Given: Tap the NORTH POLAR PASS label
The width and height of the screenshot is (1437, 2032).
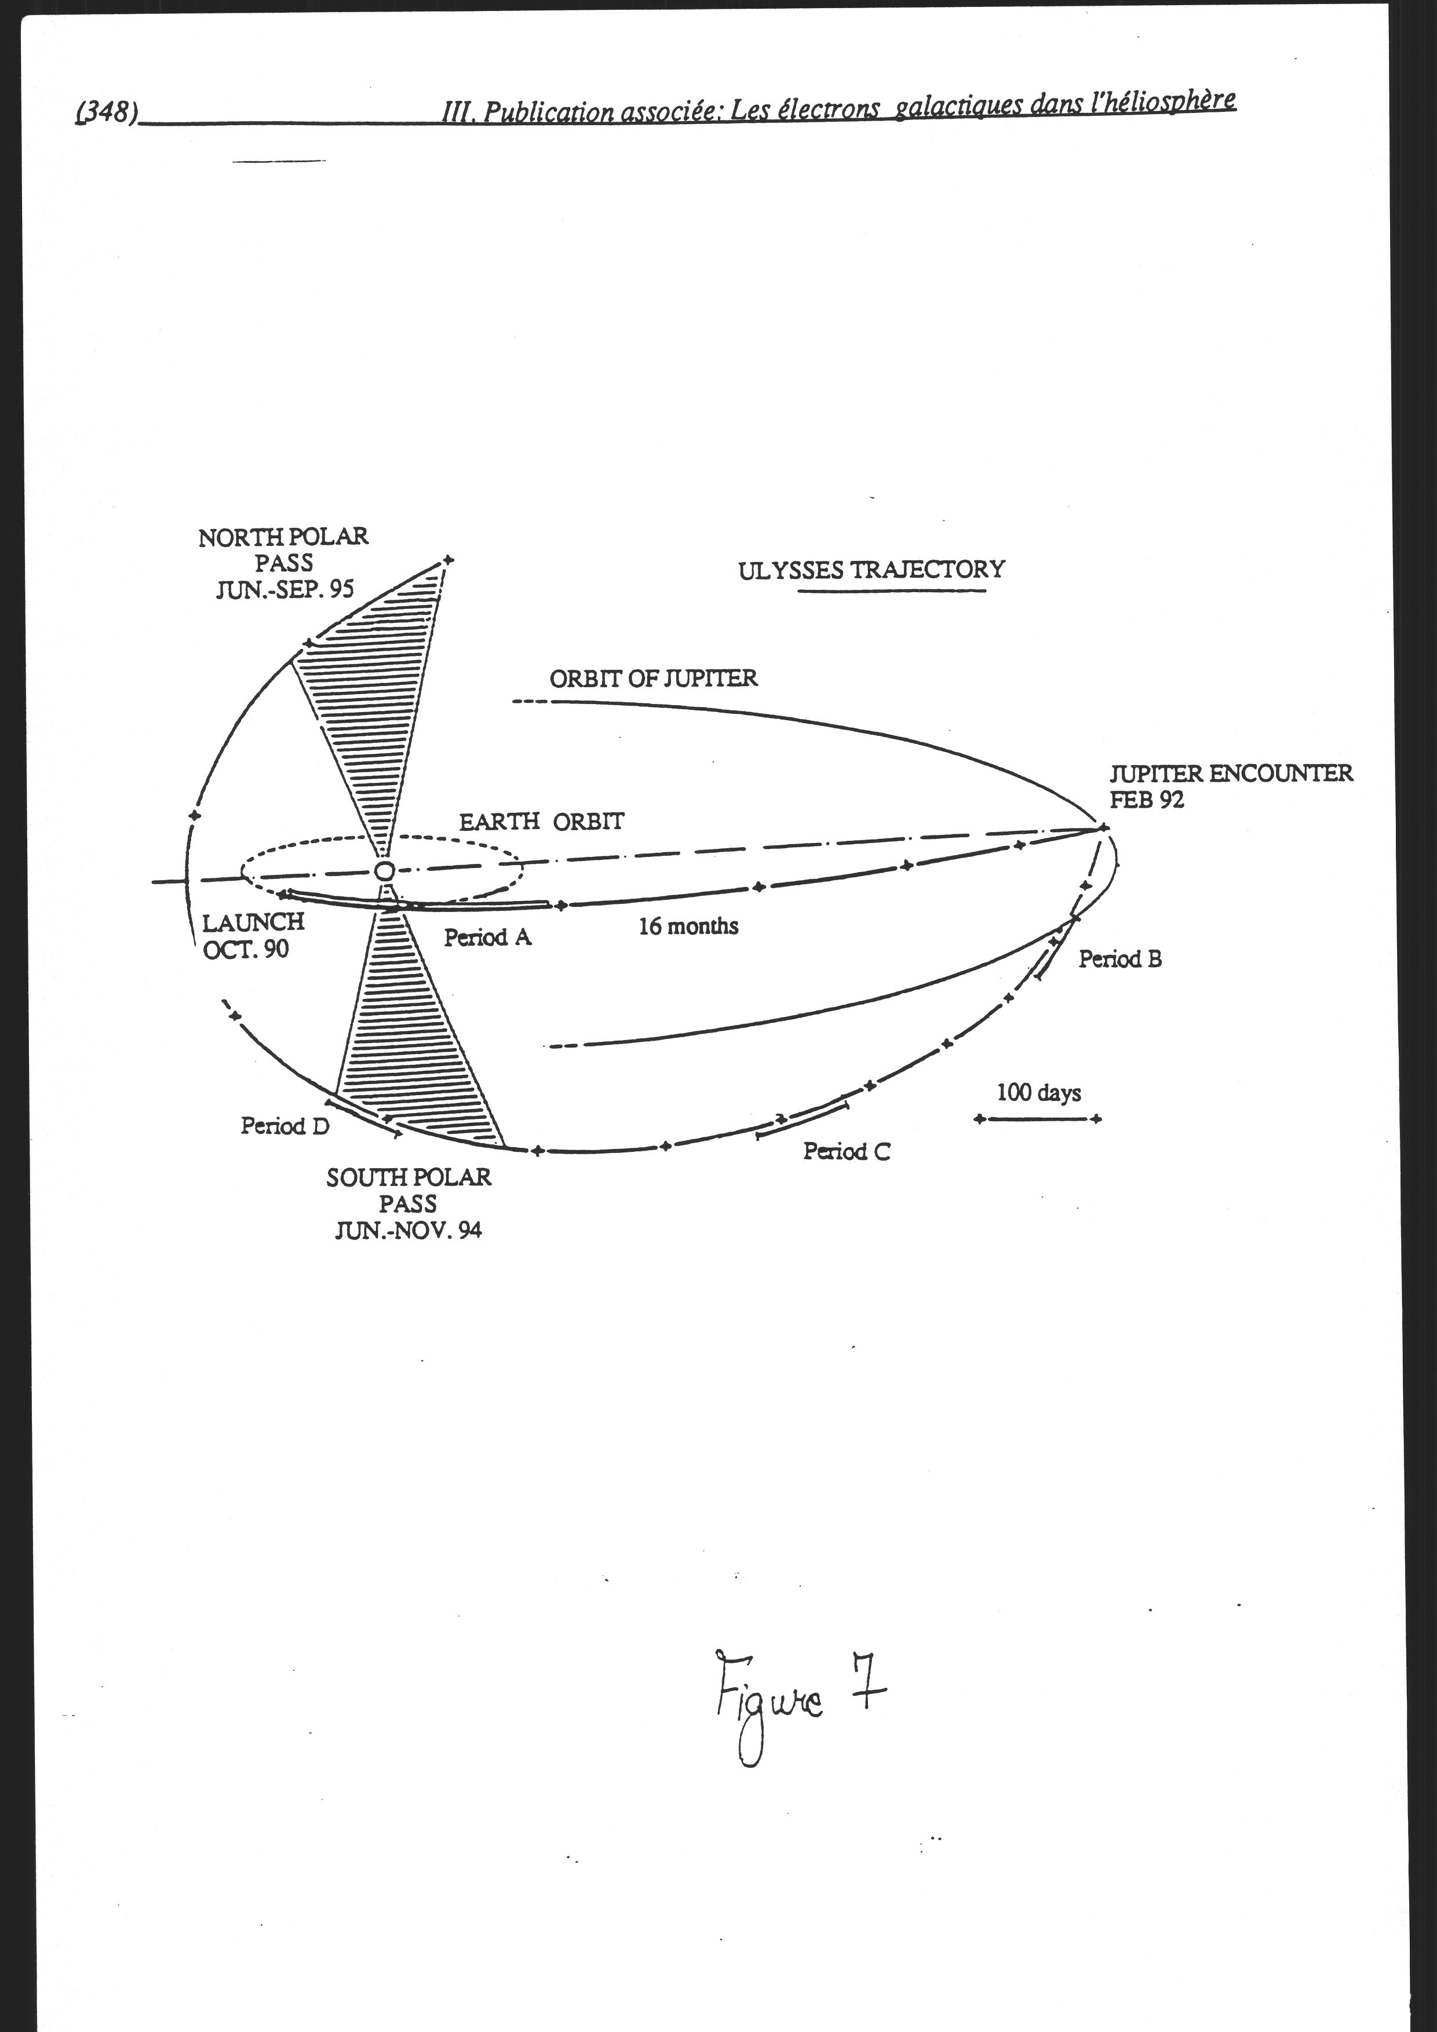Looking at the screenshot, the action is (283, 563).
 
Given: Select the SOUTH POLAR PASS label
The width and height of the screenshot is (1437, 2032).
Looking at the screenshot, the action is (408, 1203).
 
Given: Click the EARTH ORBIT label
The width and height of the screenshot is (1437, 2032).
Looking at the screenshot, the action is (541, 821).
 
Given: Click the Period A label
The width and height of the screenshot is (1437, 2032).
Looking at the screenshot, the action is (487, 937).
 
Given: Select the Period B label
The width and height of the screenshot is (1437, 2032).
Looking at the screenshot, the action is (1119, 958).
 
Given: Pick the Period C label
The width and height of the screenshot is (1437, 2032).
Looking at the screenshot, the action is (846, 1151).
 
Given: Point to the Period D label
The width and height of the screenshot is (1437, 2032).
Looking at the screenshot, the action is (285, 1126).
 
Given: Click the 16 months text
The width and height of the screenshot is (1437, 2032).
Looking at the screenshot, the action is (688, 926).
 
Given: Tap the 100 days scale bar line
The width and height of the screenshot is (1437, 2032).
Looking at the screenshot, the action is (1037, 1119).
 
